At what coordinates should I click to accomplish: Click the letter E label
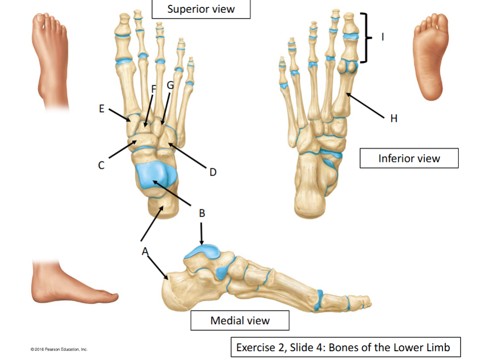click(x=101, y=109)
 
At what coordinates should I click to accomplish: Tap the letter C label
click(x=101, y=165)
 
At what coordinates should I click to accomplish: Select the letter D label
click(x=213, y=172)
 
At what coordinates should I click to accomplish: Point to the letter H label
click(x=394, y=118)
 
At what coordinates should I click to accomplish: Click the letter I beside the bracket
click(x=383, y=37)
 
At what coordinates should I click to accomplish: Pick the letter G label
click(x=170, y=85)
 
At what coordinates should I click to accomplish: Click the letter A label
click(x=145, y=252)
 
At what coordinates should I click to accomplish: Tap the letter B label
click(x=202, y=213)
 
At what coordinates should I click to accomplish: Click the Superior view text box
click(x=201, y=9)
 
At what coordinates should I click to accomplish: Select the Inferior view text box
click(x=409, y=158)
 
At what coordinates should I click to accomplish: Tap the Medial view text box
click(x=240, y=320)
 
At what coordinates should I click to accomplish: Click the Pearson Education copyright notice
click(x=59, y=349)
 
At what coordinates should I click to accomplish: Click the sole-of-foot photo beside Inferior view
click(x=430, y=57)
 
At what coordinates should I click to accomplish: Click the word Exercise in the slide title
click(x=256, y=347)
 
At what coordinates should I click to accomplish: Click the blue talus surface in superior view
click(x=155, y=175)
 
